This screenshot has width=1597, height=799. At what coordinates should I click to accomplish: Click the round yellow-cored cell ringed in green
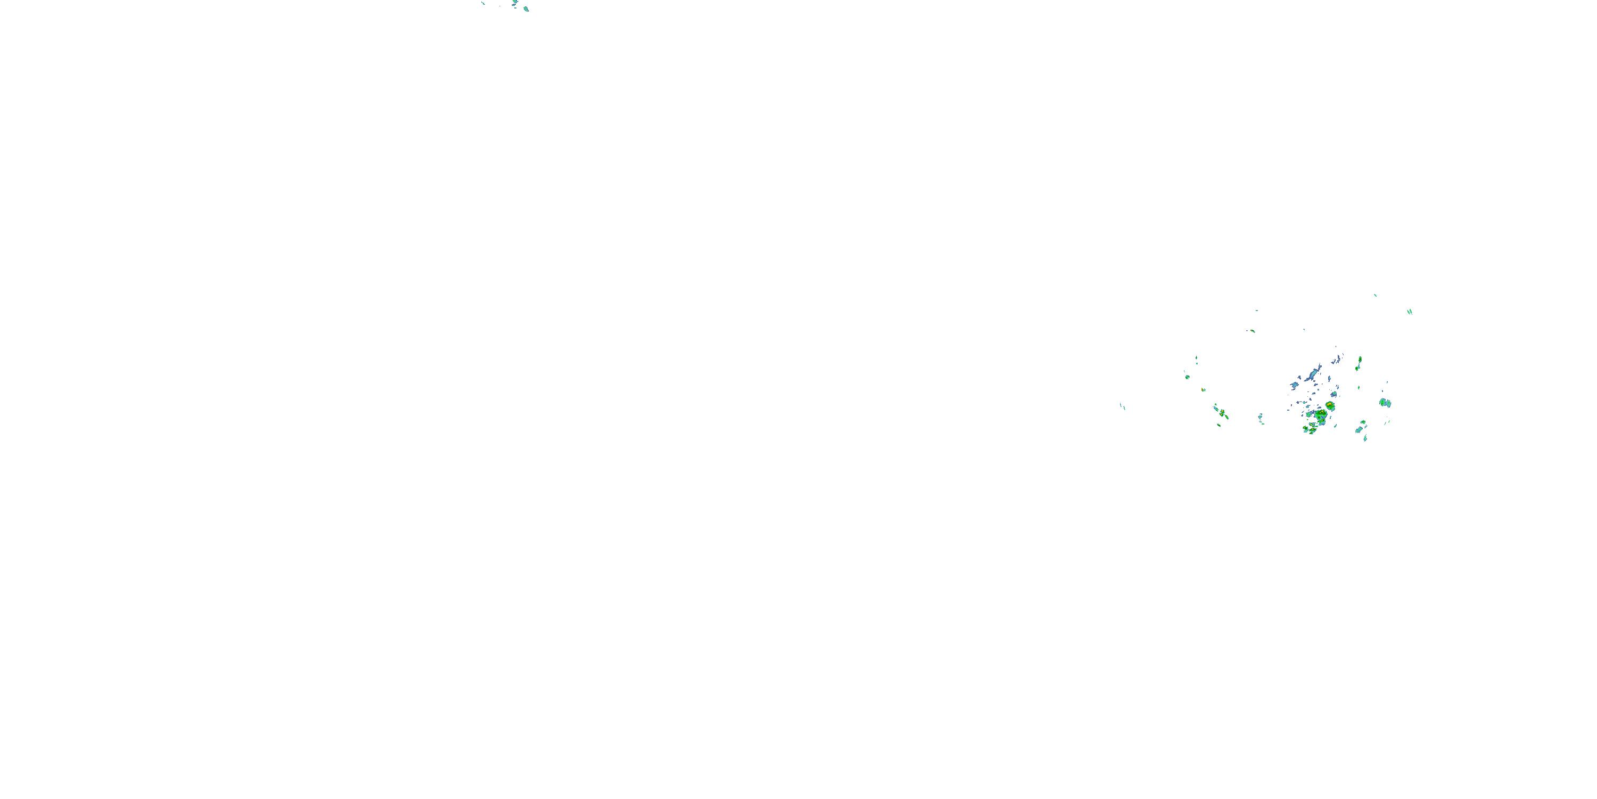point(1330,406)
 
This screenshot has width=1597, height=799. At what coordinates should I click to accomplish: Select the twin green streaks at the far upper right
point(1409,312)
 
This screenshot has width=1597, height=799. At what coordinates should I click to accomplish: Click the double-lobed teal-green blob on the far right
point(1385,403)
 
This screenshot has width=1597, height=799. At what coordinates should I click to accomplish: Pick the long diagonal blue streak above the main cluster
point(1313,374)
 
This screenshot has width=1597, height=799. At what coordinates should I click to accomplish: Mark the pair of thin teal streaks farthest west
point(1122,406)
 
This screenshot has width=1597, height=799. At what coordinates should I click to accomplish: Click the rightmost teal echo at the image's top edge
point(526,9)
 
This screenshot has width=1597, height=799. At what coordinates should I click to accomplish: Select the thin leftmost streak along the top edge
point(483,3)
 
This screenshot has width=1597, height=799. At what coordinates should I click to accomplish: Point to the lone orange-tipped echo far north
point(1251,331)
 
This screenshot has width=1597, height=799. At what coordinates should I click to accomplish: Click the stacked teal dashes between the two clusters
point(1261,418)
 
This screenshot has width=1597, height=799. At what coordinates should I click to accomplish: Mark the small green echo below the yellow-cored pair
point(1219,426)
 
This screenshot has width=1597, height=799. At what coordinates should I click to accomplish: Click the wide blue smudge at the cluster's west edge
point(1295,385)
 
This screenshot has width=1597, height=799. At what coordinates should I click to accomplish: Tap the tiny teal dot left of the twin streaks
point(1375,295)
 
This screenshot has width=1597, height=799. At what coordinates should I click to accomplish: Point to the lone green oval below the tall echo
point(1359,388)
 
